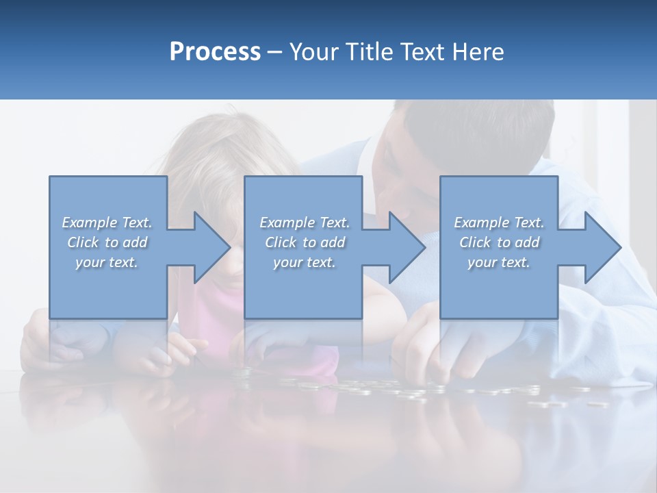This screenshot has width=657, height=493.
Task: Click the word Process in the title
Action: (215, 52)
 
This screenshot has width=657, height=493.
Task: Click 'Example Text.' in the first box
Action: (107, 223)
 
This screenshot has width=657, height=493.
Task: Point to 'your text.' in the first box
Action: (107, 262)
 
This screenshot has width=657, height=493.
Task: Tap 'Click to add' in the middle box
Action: (305, 242)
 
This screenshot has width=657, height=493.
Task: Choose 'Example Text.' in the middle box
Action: (305, 223)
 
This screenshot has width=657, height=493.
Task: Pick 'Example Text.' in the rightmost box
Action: (499, 223)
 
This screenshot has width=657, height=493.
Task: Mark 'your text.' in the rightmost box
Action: (499, 262)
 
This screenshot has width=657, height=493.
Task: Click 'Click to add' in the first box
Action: (107, 242)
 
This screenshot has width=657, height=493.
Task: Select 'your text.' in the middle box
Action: (305, 262)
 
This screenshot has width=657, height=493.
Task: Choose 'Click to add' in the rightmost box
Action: (499, 242)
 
